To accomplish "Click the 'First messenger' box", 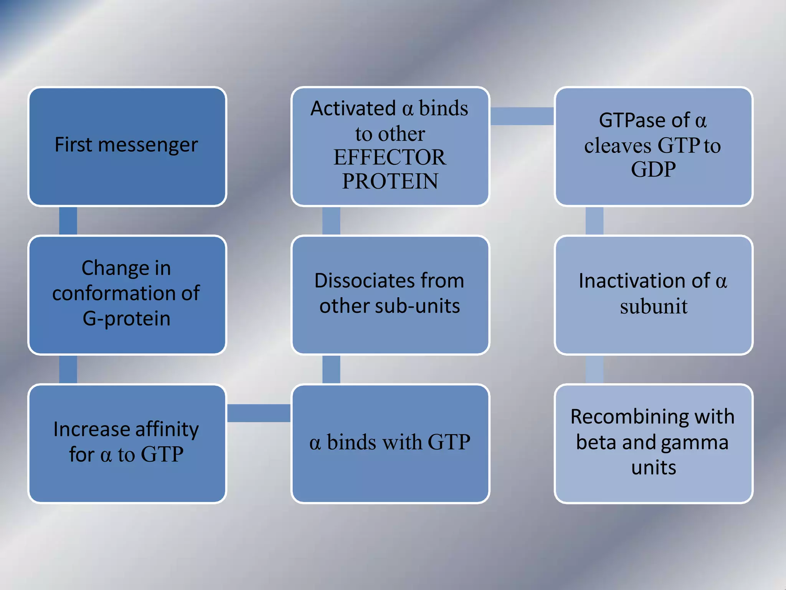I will point(127,146).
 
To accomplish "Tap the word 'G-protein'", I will point(127,319).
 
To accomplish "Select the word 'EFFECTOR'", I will point(390,157).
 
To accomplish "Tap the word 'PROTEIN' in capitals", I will point(390,181).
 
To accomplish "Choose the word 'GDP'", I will point(653,169).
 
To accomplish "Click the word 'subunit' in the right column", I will point(653,307).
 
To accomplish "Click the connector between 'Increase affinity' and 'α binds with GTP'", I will point(259,413).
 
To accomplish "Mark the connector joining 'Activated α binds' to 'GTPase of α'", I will point(522,116).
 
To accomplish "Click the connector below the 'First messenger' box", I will point(68,221).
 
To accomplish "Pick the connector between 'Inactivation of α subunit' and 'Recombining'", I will point(594,369).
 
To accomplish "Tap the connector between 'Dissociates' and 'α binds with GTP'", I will point(331,369).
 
